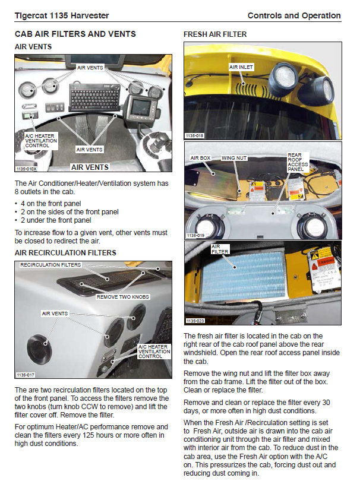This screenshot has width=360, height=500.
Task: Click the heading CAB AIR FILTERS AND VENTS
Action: tap(75, 34)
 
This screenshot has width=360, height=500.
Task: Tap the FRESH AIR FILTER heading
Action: tap(215, 34)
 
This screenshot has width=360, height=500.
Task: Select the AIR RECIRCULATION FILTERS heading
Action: tap(65, 253)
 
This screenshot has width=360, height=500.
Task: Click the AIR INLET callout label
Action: tap(241, 67)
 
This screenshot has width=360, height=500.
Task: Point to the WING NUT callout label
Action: tap(234, 159)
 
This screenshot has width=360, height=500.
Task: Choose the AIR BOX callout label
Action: tap(201, 159)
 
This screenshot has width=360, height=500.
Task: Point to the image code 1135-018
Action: tap(194, 136)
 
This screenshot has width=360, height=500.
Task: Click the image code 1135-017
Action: tap(26, 375)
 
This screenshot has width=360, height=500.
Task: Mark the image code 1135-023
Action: tap(194, 321)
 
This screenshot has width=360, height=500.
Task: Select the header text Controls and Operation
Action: tap(294, 15)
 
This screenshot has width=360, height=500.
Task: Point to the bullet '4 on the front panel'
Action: tap(51, 204)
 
